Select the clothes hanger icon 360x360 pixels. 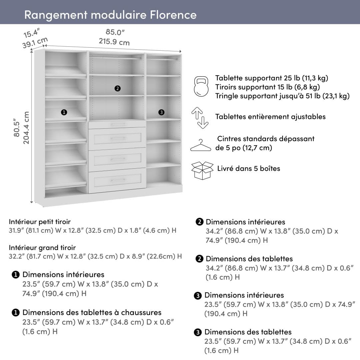click(200, 145)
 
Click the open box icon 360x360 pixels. click(202, 170)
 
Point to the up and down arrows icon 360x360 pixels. click(200, 117)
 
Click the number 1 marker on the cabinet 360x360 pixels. click(64, 112)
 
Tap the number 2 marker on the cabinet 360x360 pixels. click(117, 88)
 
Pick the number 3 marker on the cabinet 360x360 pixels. click(161, 112)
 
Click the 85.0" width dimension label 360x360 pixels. click(115, 32)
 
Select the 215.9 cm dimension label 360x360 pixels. click(114, 42)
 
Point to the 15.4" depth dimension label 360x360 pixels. click(32, 34)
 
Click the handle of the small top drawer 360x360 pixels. click(117, 125)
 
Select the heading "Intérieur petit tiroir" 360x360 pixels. click(40, 222)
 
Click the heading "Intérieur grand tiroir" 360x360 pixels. click(42, 248)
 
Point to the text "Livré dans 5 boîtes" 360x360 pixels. click(248, 168)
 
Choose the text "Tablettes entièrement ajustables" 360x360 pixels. click(270, 117)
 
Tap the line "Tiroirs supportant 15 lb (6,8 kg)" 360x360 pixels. click(267, 87)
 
